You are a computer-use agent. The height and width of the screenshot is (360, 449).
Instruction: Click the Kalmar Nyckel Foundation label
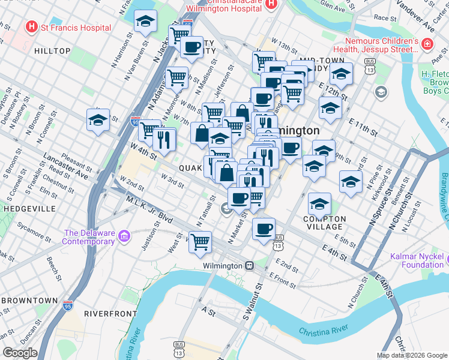point(416,260)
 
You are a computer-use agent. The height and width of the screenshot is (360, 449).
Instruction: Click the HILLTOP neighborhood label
point(53,52)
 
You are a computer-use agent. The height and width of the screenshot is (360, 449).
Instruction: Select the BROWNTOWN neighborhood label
point(29,300)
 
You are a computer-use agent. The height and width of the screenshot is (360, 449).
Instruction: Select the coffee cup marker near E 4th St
point(264,229)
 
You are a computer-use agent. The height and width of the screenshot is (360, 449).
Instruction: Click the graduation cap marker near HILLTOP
point(98,119)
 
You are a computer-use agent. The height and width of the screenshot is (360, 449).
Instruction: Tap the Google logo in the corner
point(20,353)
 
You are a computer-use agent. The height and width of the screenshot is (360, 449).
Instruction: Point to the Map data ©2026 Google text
point(412,355)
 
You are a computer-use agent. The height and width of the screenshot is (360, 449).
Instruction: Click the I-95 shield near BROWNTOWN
point(67,307)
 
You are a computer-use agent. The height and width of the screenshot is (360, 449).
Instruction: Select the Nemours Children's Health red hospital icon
point(426,45)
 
